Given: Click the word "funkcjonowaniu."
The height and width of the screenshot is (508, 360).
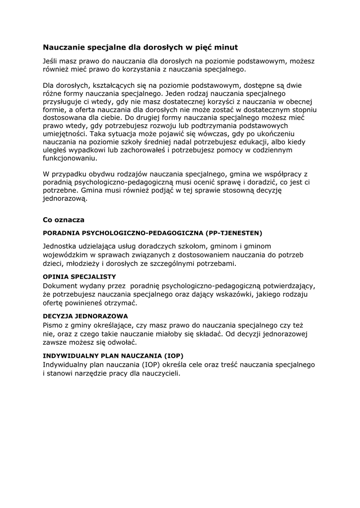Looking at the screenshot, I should (70, 158).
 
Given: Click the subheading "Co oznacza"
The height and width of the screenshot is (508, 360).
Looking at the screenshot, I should (64, 219).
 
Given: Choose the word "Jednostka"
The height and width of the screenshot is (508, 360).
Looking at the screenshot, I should (60, 246).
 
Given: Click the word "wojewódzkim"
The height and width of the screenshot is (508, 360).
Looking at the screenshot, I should (66, 254).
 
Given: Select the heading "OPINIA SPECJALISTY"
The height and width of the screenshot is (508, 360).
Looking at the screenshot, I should (79, 276).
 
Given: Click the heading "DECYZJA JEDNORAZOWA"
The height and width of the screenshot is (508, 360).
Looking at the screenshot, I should (85, 316).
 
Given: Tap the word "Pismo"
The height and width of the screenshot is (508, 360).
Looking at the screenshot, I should (53, 325).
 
